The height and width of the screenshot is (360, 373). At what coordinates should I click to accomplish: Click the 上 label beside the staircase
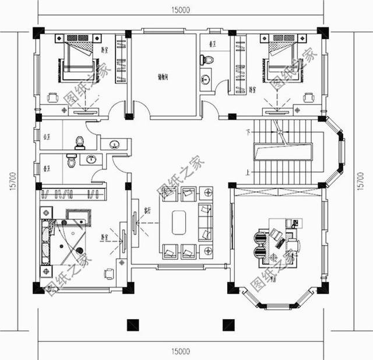click(248, 173)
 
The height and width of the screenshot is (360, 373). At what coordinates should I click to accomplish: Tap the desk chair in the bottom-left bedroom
click(108, 272)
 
